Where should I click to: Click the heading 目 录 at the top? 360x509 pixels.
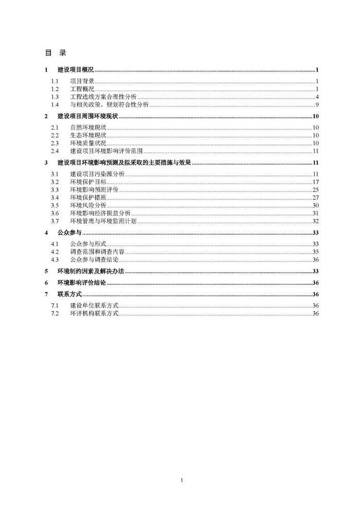56,53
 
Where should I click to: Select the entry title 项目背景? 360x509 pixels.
82,81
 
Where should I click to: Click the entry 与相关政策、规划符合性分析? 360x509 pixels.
110,105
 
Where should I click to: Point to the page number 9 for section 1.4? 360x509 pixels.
317,105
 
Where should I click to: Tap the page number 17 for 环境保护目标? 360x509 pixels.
316,183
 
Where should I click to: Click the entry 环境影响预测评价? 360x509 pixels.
94,190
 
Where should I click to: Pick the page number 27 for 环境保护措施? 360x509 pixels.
316,198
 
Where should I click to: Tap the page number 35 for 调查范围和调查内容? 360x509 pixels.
316,252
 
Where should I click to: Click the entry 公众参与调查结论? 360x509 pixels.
94,260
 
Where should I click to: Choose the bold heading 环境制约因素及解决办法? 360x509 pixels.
91,271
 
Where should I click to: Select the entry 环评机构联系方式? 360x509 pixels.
94,313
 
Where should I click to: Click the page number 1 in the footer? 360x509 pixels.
182,480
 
